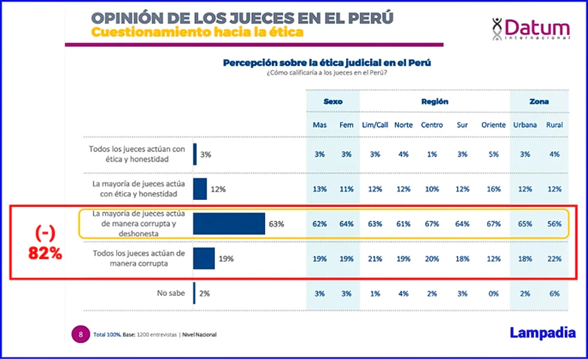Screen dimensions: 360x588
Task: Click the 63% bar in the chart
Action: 229,224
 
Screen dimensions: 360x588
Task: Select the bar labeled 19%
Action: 204,259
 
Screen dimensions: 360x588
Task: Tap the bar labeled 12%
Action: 200,189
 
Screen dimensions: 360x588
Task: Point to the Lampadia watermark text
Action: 542,332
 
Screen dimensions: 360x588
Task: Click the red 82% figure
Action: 45,253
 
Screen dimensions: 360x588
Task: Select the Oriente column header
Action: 493,125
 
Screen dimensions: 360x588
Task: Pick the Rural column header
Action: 554,125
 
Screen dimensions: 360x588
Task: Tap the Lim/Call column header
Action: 375,125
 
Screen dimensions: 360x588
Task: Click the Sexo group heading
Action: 333,101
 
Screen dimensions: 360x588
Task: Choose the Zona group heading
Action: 539,101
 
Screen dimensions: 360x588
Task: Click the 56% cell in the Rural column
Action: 554,224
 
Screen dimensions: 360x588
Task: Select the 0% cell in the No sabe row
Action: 493,293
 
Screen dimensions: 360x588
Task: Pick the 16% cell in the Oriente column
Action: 493,189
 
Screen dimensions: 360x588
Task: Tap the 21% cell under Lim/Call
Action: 375,259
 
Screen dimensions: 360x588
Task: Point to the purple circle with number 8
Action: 80,334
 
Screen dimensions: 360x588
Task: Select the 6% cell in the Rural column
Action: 554,293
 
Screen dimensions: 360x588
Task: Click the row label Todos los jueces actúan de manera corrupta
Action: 138,258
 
